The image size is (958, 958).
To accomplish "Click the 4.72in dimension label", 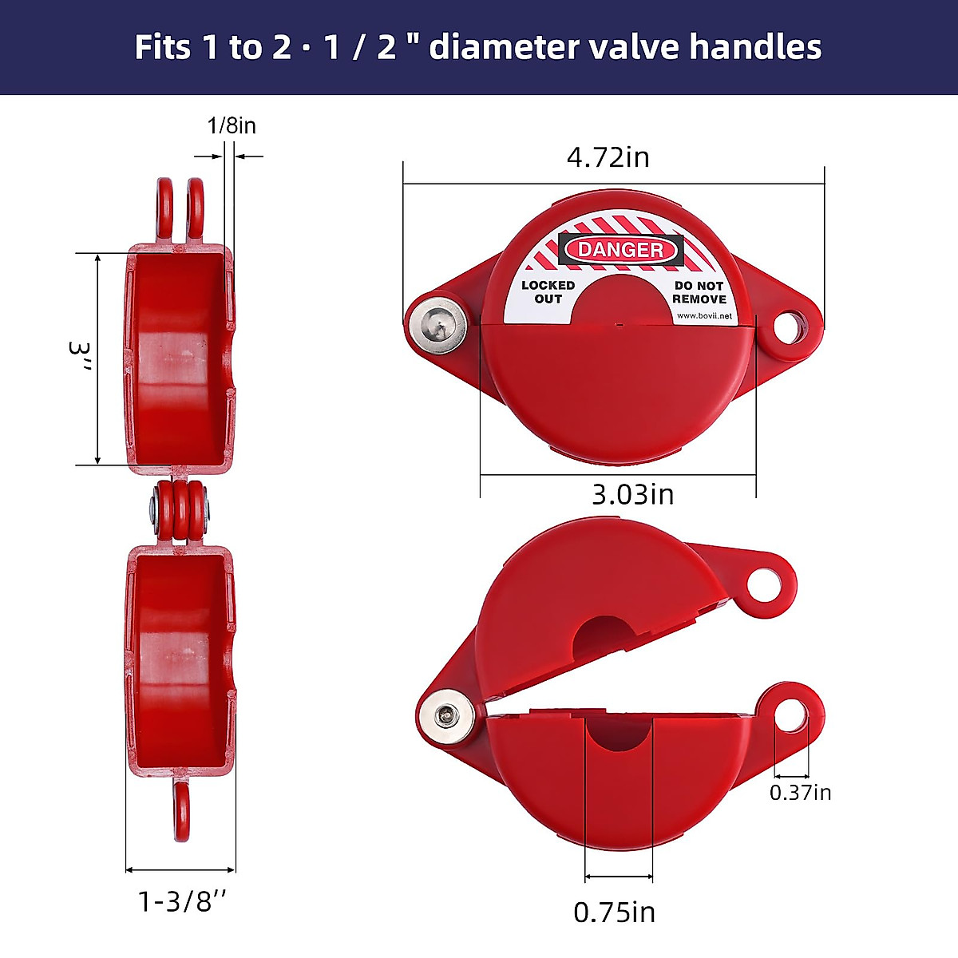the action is tap(608, 157).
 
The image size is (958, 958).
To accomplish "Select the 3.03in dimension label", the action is tap(633, 494).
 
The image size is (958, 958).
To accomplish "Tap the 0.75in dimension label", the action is tap(615, 912).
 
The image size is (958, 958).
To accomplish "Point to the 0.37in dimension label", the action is tap(801, 792).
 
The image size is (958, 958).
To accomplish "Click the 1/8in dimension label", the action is tap(232, 126).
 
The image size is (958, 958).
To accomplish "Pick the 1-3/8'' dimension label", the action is tap(182, 901).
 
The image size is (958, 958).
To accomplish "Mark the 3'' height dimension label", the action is tap(81, 356).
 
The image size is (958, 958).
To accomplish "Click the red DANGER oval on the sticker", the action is tap(620, 249).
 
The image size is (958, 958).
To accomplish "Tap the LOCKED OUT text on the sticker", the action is tap(548, 292).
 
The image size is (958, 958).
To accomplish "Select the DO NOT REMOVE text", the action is tap(699, 292).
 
